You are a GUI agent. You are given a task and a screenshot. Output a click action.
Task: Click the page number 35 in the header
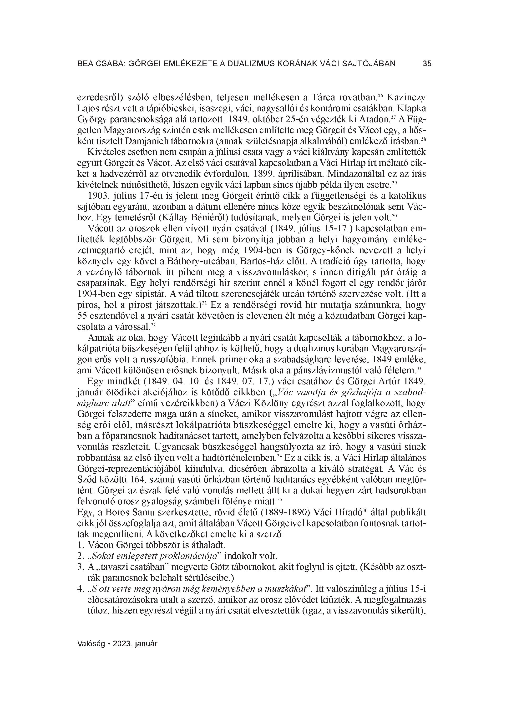coord(427,64)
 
